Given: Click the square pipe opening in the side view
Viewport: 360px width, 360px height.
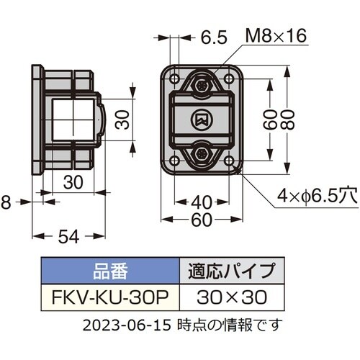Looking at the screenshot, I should [x=74, y=119].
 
